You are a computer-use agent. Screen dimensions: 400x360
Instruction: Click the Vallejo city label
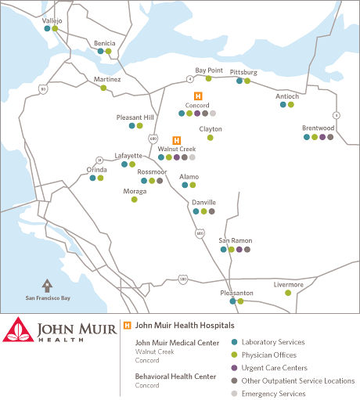pyautogui.click(x=52, y=20)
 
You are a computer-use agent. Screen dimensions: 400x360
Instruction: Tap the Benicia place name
pyautogui.click(x=105, y=43)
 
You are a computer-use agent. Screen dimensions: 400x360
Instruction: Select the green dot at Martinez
pyautogui.click(x=103, y=88)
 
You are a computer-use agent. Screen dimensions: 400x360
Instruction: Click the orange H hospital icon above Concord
pyautogui.click(x=197, y=95)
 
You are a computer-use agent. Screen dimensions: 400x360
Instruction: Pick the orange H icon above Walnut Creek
pyautogui.click(x=176, y=140)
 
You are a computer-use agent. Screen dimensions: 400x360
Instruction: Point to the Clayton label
pyautogui.click(x=211, y=128)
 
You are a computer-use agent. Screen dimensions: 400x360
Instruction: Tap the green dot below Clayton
pyautogui.click(x=210, y=138)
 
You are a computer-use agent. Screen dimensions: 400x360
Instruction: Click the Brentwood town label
pyautogui.click(x=319, y=128)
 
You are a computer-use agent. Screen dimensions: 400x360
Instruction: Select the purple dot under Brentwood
pyautogui.click(x=322, y=137)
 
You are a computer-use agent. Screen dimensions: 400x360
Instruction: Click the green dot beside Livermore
pyautogui.click(x=288, y=293)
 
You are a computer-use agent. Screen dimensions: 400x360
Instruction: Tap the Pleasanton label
pyautogui.click(x=236, y=292)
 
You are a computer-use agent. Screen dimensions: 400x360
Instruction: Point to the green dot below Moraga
pyautogui.click(x=134, y=199)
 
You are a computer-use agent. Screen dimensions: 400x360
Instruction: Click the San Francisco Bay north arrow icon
pyautogui.click(x=47, y=285)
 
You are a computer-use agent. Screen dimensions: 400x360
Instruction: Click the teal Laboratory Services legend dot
pyautogui.click(x=234, y=342)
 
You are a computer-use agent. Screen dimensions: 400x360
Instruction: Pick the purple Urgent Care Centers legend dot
pyautogui.click(x=234, y=368)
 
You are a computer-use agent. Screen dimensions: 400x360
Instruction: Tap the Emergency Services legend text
pyautogui.click(x=274, y=394)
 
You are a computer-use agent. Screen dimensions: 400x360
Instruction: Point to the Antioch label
pyautogui.click(x=287, y=96)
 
